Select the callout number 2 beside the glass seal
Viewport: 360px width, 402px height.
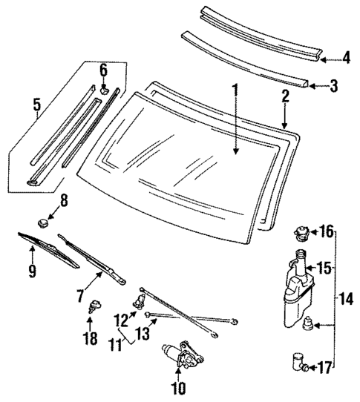pos(284,96)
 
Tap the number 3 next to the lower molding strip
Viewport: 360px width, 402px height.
pos(333,86)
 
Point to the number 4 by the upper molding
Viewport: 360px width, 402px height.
pos(346,57)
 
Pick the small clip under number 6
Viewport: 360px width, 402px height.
pos(104,90)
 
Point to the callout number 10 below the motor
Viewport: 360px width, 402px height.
pos(179,386)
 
